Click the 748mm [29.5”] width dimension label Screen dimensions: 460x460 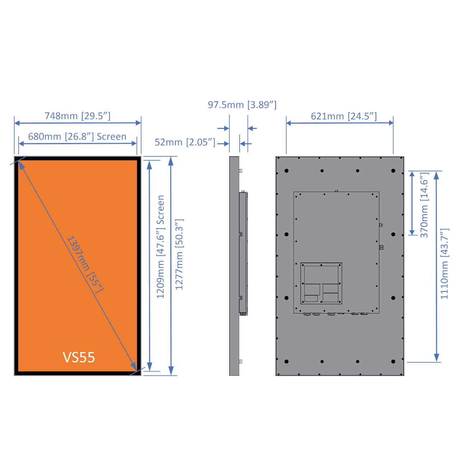(x=78, y=116)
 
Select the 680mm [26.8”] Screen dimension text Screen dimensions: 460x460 (x=77, y=137)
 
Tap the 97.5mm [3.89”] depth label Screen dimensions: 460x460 (x=242, y=105)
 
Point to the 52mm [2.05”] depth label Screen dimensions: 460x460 (x=185, y=142)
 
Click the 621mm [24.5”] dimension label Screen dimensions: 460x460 (x=344, y=116)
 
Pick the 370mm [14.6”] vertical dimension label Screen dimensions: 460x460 (x=424, y=205)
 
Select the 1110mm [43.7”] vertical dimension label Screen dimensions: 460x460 (x=445, y=264)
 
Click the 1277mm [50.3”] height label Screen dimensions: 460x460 (x=179, y=254)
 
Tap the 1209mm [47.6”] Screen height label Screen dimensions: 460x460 (x=160, y=247)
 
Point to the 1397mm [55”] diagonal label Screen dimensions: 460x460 (x=85, y=264)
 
